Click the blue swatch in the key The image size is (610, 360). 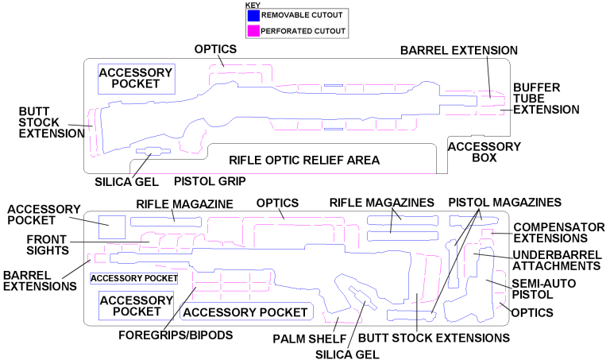[x=254, y=15]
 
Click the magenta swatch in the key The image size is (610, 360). [x=254, y=31]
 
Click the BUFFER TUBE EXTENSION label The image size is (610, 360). [x=546, y=98]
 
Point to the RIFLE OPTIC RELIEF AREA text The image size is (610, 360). [x=304, y=160]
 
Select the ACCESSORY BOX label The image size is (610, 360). [x=485, y=152]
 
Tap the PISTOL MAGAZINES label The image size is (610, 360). [x=505, y=202]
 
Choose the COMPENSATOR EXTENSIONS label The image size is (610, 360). [x=550, y=230]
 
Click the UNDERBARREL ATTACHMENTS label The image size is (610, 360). [x=555, y=259]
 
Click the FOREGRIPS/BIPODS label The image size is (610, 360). [x=176, y=335]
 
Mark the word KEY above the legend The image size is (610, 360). [x=253, y=4]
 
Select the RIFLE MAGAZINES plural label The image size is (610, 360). [x=382, y=203]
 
